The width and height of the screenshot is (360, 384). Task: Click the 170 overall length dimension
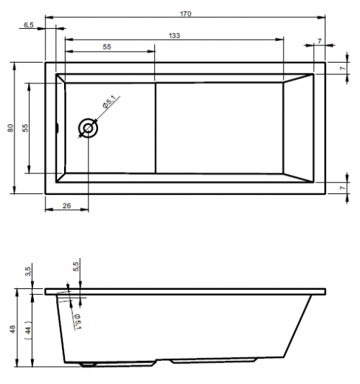click(x=185, y=14)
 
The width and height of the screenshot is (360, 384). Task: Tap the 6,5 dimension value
click(x=29, y=25)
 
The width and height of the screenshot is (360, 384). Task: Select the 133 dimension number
click(x=174, y=36)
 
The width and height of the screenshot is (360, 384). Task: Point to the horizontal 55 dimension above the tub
click(x=107, y=47)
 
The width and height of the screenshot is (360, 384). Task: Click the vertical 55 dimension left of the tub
click(x=25, y=128)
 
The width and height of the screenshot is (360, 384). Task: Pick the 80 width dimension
click(x=11, y=128)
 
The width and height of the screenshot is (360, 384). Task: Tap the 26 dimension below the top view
click(x=67, y=206)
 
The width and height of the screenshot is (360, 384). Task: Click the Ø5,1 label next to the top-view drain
click(x=109, y=102)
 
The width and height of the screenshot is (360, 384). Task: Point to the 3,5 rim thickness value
click(x=28, y=271)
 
